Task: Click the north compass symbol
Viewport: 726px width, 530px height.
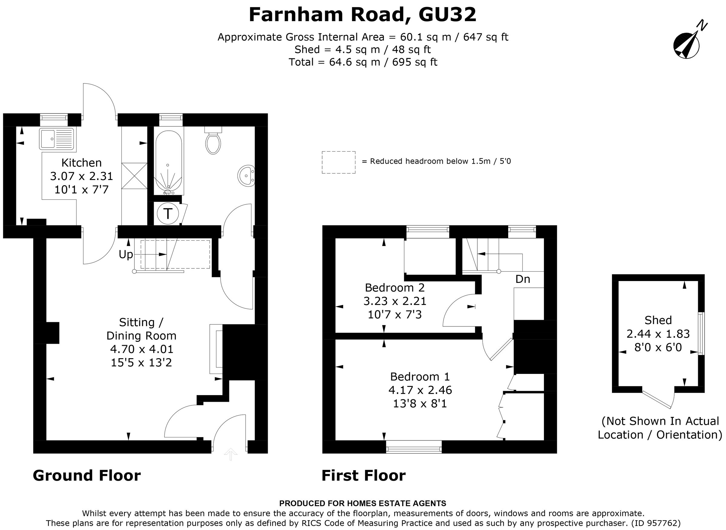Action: (687, 46)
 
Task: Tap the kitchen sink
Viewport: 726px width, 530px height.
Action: (57, 139)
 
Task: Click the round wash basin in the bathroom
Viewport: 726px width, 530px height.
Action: (246, 175)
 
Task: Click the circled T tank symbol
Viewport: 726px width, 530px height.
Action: (168, 213)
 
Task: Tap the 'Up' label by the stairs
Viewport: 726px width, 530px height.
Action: (126, 254)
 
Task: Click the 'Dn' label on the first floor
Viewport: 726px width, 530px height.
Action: (522, 279)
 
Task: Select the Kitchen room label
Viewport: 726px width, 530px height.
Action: (81, 163)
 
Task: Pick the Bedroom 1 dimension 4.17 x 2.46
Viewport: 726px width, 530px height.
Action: (420, 390)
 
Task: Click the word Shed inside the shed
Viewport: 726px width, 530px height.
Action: (658, 320)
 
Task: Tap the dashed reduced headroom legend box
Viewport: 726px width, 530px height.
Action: (338, 162)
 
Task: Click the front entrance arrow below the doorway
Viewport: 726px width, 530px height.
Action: (231, 454)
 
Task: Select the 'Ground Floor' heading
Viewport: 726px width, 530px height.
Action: (87, 476)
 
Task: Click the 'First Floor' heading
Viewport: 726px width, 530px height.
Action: (364, 476)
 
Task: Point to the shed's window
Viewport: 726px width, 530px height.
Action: (701, 333)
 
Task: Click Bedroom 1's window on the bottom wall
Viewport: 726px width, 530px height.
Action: (414, 447)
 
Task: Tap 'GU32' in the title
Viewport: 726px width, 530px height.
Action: (447, 15)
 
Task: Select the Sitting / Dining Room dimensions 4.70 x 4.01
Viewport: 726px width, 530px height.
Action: (142, 349)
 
